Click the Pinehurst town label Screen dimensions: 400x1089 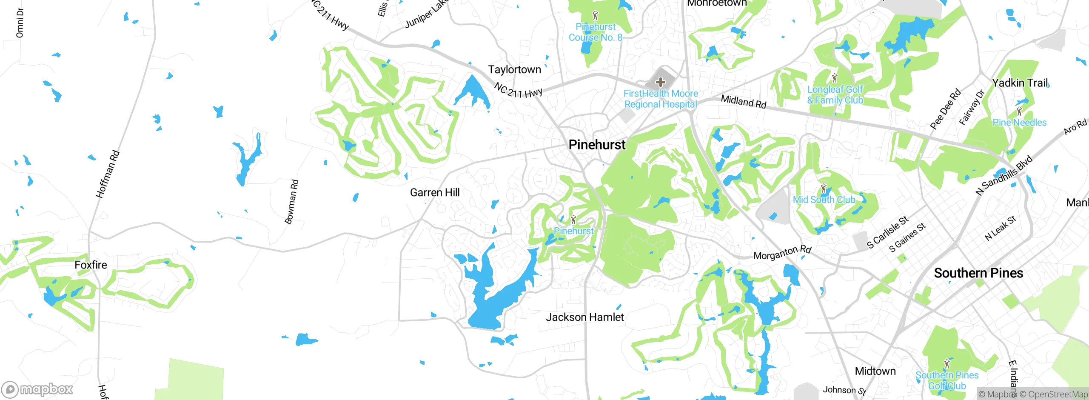tap(597, 145)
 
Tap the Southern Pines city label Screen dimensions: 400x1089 tap(978, 273)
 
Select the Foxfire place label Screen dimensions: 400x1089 tap(91, 265)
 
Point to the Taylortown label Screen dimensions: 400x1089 tap(514, 69)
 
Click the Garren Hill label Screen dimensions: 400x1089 tap(435, 192)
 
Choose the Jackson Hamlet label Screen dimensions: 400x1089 tap(584, 317)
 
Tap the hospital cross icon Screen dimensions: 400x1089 tap(660, 82)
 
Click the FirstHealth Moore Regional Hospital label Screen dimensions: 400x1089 tap(661, 99)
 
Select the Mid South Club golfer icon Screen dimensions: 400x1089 tap(824, 188)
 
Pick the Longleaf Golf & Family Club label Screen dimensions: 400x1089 tap(835, 95)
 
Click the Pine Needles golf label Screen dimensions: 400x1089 tap(1019, 123)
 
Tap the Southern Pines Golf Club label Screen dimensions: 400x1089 tap(947, 380)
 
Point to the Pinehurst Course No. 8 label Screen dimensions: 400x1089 tap(595, 32)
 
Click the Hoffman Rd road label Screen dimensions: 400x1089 tap(108, 174)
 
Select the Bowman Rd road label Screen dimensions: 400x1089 tap(292, 202)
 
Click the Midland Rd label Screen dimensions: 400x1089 tap(743, 102)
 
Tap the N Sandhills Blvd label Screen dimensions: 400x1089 tap(1004, 175)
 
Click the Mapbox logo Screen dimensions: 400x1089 tap(37, 389)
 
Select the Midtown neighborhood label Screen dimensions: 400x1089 tap(875, 371)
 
